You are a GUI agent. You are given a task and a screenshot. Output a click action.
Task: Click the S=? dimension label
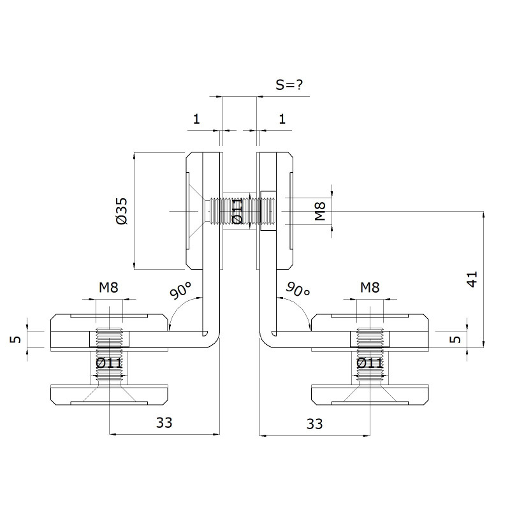coord(289,85)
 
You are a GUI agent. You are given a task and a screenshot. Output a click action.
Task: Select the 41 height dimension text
coord(472,279)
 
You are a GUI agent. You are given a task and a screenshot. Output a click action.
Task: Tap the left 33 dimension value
coord(164,423)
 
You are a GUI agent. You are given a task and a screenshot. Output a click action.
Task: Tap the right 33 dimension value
coord(314,424)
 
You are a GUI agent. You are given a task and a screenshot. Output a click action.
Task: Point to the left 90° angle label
coord(181,290)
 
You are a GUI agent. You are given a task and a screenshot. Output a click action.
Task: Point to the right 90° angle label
coord(298,289)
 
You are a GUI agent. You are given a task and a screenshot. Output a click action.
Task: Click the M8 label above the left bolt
coord(108,288)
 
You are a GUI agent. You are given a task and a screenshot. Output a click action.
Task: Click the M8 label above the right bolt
coord(370,288)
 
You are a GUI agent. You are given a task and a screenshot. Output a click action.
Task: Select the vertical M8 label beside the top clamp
coord(321,211)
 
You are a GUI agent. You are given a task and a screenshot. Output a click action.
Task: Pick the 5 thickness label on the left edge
coord(15,339)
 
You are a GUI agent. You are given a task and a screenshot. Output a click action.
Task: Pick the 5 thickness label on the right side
coord(455,339)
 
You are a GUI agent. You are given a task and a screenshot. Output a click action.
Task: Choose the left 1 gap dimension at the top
coord(196,119)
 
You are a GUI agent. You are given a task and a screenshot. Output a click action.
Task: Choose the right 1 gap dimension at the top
coord(282,119)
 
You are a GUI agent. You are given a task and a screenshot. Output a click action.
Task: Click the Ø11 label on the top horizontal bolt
coord(237,212)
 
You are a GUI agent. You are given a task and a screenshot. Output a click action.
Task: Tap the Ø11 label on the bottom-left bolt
coord(109,363)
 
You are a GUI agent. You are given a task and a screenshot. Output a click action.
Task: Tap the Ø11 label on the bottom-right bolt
coord(370,363)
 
